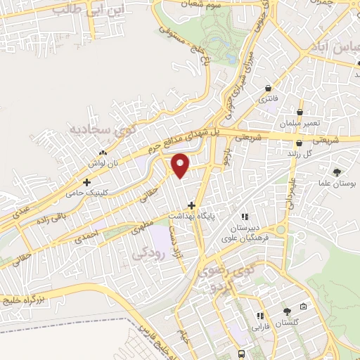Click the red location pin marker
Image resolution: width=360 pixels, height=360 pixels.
coord(181,165)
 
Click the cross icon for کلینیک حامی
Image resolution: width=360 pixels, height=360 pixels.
coord(86,181)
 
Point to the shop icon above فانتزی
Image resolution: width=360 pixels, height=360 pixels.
coord(269,88)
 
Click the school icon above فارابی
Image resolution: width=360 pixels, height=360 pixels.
coord(260,316)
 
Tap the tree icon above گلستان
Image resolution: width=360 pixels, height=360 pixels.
coord(287,311)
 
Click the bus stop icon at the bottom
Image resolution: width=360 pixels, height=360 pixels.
coord(241,353)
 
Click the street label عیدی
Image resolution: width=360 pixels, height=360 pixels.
coord(17,210)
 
